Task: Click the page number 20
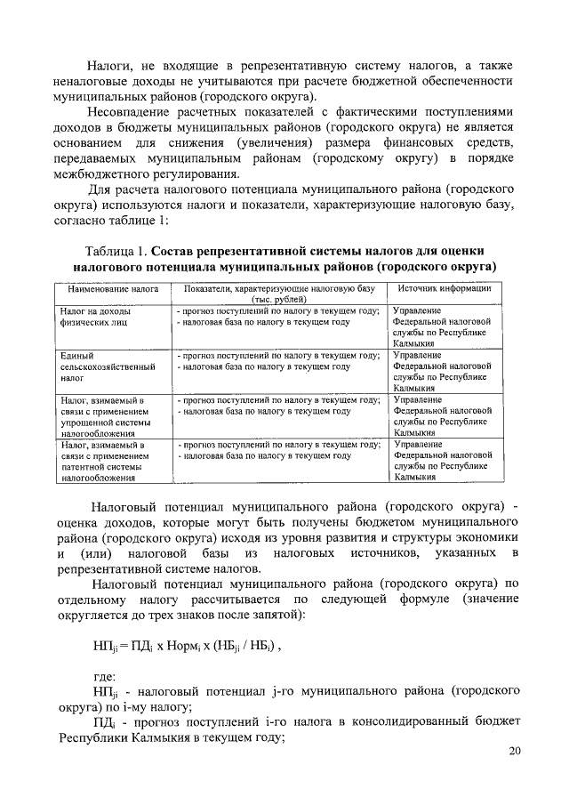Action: pyautogui.click(x=514, y=752)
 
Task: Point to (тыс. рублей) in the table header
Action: pyautogui.click(x=278, y=301)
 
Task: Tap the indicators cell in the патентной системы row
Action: pyautogui.click(x=278, y=449)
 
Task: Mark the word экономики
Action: pyautogui.click(x=485, y=539)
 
